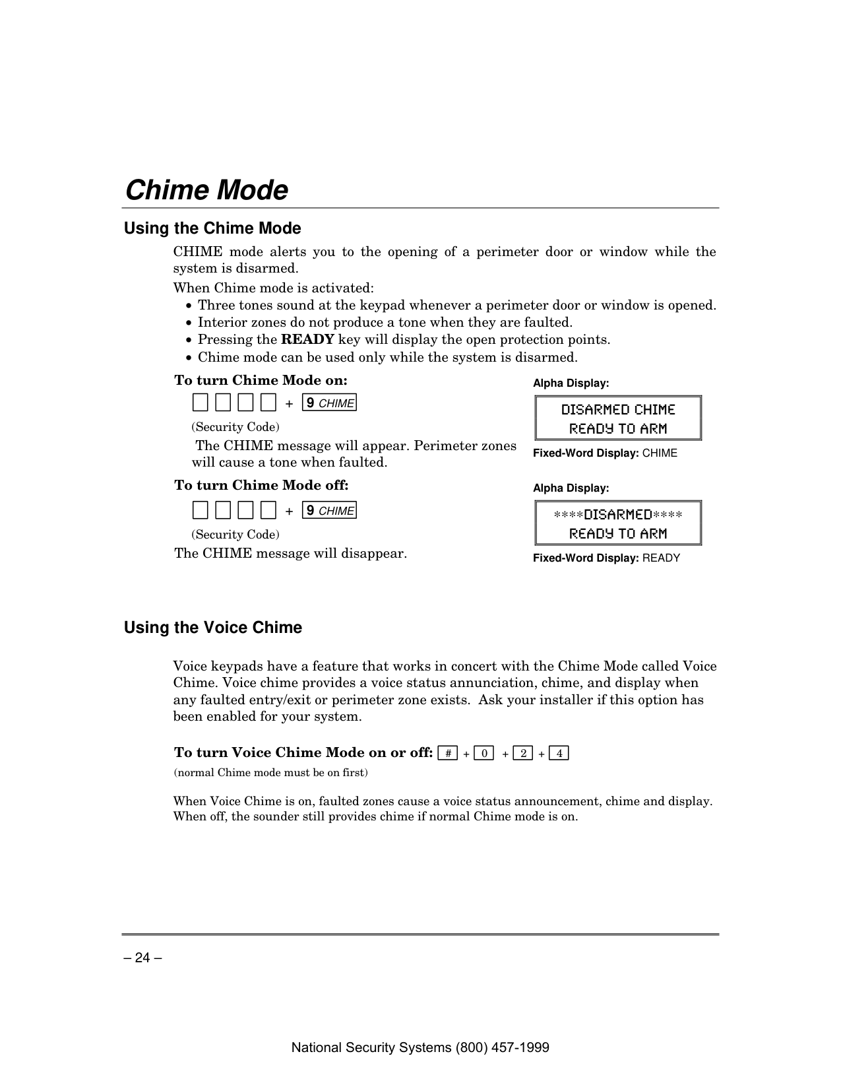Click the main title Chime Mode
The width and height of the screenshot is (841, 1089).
pos(206,190)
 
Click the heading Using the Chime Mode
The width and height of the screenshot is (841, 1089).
pos(212,228)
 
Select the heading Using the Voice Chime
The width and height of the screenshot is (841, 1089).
pos(213,628)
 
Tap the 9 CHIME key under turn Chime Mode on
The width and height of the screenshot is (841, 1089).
pos(329,403)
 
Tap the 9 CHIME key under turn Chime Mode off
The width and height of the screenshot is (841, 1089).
pos(329,510)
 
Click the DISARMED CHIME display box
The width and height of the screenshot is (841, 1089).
pos(617,418)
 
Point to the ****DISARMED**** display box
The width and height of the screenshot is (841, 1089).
pos(617,523)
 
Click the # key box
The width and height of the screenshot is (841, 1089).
pos(447,753)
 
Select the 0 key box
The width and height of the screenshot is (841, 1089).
pos(483,753)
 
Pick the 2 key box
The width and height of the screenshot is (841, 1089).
pos(522,753)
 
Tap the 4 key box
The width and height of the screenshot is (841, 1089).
pos(559,753)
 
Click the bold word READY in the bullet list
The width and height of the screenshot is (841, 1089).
pos(307,340)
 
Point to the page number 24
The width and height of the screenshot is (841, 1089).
pos(142,958)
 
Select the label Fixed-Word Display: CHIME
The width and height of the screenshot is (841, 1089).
pos(605,453)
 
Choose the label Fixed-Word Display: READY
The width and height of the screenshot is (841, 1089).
pos(606,558)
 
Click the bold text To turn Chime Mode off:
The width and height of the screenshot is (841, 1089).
pos(261,486)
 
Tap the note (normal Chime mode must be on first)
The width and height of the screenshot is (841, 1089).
pos(270,772)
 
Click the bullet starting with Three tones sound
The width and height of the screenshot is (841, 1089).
pos(456,306)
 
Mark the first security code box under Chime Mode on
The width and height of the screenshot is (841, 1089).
pos(201,402)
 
